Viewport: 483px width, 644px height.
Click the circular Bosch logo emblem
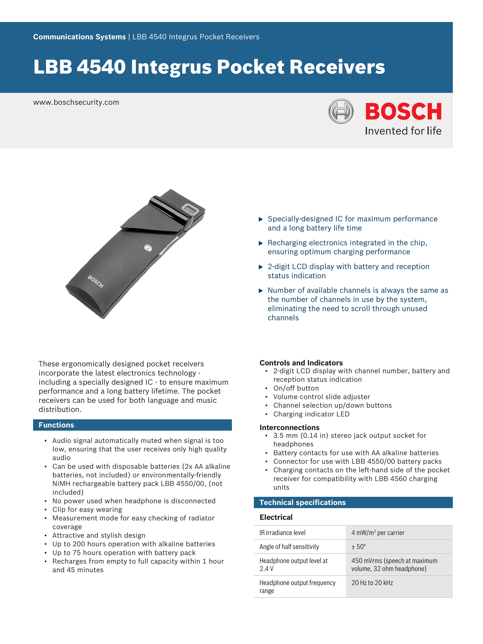click(341, 111)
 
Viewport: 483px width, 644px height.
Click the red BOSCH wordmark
click(403, 112)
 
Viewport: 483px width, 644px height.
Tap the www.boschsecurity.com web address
click(76, 102)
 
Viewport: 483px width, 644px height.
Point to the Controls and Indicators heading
click(301, 363)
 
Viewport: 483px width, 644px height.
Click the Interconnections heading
click(289, 427)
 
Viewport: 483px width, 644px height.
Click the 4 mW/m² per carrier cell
click(378, 532)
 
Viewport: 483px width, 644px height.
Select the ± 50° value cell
click(358, 546)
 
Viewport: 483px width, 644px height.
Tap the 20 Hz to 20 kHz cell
click(372, 582)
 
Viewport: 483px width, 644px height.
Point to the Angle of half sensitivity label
click(289, 546)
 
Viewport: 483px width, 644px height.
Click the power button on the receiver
click(148, 247)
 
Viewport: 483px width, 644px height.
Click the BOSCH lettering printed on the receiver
click(96, 281)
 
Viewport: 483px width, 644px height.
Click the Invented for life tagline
click(403, 131)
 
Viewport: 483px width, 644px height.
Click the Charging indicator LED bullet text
click(311, 414)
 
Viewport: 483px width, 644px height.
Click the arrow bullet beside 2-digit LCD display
click(261, 267)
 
